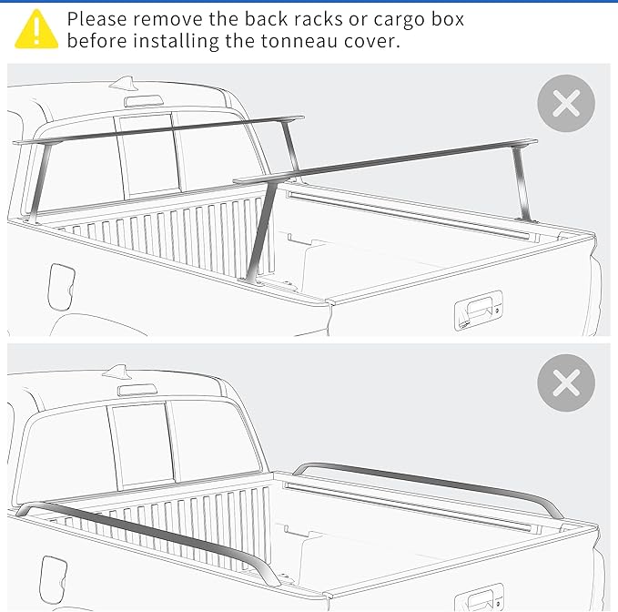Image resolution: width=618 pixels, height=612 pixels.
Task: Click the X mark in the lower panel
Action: (x=565, y=382)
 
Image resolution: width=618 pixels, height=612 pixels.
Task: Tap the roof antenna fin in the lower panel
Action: (x=117, y=371)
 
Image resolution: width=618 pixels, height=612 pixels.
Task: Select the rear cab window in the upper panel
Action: (x=146, y=155)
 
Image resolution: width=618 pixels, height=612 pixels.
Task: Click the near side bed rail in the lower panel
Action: (x=146, y=537)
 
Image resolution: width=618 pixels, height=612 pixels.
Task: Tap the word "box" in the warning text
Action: (x=447, y=18)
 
